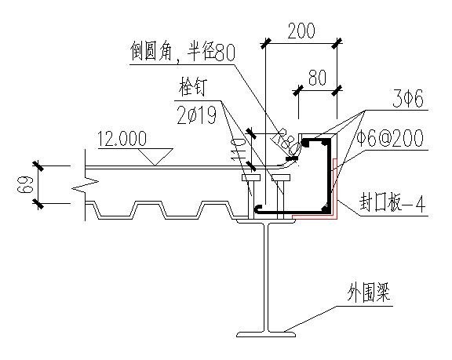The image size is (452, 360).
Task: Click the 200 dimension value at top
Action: tap(301, 31)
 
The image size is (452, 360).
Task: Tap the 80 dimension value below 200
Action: tap(317, 77)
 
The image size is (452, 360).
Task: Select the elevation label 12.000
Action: tap(122, 139)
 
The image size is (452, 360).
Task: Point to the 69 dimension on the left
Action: tap(23, 185)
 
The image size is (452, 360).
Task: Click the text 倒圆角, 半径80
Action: tap(183, 52)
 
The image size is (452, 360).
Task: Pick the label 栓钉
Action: tap(192, 87)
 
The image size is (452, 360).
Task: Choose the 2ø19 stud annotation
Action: tap(197, 115)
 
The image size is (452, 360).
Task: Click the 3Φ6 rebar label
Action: tap(408, 99)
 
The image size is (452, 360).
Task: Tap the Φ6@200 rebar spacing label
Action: tap(390, 138)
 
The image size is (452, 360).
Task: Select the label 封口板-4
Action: tap(392, 202)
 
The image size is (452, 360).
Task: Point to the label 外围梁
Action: tap(369, 293)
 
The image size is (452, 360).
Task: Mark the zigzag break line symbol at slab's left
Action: tap(86, 188)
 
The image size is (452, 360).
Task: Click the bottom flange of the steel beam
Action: tap(266, 334)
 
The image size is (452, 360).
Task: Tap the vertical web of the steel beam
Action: tap(266, 277)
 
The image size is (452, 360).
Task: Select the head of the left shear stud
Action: tap(251, 177)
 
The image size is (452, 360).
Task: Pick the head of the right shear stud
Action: tap(281, 177)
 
